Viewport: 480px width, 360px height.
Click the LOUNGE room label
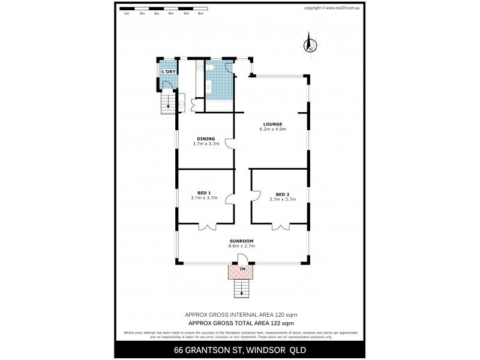point(271,124)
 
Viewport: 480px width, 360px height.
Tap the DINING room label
point(206,139)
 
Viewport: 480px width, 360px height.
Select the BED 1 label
point(204,193)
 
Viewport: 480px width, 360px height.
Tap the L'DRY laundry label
point(169,72)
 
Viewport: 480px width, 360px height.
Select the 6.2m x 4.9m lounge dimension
point(272,129)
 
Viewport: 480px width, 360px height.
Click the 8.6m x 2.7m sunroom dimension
point(242,246)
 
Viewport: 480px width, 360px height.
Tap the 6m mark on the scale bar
point(200,13)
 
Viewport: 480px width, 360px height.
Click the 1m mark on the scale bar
point(127,13)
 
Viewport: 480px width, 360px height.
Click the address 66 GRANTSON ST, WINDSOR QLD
point(240,349)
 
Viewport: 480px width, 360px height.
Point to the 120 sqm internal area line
point(240,314)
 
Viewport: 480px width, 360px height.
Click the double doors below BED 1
point(206,227)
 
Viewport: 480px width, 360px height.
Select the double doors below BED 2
point(280,227)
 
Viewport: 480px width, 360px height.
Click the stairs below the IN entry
point(242,290)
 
